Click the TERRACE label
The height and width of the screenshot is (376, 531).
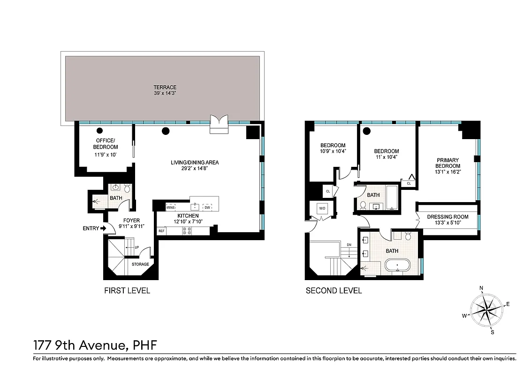pos(165,87)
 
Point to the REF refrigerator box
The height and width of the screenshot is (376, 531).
pos(162,231)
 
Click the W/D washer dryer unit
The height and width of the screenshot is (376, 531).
pos(323,208)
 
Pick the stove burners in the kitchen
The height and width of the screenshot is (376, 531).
pos(187,231)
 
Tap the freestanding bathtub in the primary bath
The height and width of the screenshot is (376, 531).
pos(398,266)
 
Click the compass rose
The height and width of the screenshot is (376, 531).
pos(486,310)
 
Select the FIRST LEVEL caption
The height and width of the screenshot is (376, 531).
pos(127,291)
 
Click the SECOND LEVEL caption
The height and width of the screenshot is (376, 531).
pos(334,291)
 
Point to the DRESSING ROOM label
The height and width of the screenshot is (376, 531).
pos(448,217)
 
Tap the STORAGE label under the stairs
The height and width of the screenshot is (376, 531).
pos(140,264)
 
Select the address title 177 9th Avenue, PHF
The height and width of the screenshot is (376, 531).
pos(95,345)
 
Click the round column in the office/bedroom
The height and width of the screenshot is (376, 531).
pos(99,131)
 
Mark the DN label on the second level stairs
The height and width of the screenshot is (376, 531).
pos(349,245)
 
